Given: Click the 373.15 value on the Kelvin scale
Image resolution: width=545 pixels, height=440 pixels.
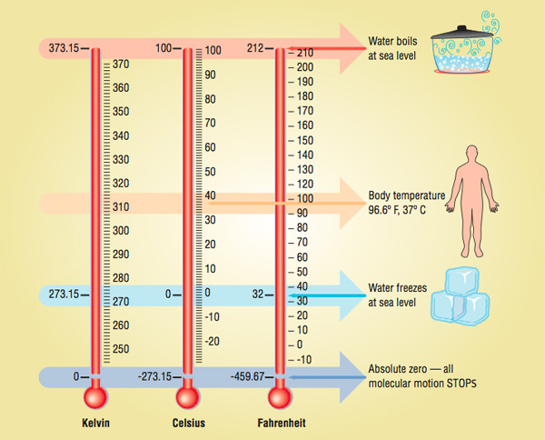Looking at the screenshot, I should (x=59, y=48).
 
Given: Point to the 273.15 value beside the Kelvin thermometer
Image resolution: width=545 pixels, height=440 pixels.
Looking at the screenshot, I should (x=59, y=294).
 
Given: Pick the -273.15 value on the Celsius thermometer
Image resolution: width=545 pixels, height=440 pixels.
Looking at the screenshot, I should (x=154, y=375).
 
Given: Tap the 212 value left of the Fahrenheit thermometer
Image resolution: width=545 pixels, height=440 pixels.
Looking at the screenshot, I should (x=256, y=48).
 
